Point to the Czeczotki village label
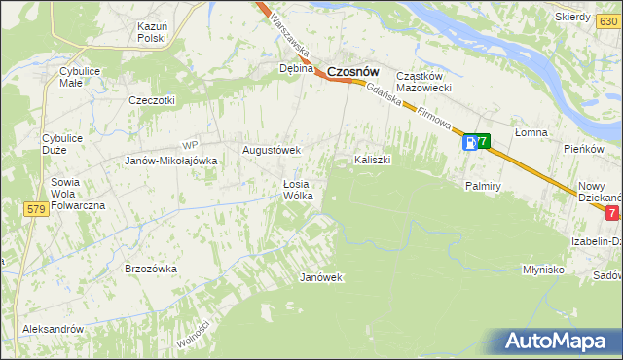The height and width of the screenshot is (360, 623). coord(151,99)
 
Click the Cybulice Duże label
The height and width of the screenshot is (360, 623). coord(62,144)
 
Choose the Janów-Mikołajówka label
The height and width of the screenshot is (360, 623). coord(170,161)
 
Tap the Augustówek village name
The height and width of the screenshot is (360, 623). coord(272,150)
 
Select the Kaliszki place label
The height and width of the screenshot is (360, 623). coord(373,159)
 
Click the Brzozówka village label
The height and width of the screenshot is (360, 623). coord(151,268)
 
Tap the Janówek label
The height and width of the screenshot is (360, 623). coord(321,277)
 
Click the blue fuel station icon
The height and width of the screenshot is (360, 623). coord(470,143)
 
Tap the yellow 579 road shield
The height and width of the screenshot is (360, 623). coord(37,209)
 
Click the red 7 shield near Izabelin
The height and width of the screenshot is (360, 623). coord(611,213)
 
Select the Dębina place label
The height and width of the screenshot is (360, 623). coord(296,69)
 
